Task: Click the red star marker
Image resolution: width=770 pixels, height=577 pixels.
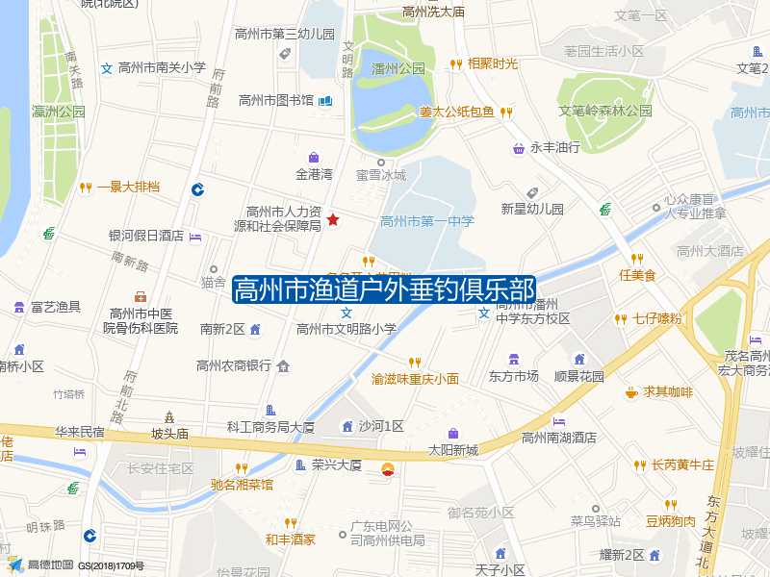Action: pyautogui.click(x=333, y=220)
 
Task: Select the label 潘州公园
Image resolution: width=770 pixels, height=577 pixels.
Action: pyautogui.click(x=398, y=69)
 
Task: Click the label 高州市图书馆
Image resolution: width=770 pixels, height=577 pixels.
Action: pyautogui.click(x=276, y=100)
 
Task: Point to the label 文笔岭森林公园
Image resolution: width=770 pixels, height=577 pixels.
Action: pyautogui.click(x=606, y=111)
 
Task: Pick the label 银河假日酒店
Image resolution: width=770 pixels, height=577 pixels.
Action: pyautogui.click(x=146, y=236)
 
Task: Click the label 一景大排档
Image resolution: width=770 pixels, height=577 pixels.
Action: pyautogui.click(x=128, y=187)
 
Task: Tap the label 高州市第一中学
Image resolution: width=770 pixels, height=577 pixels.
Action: pyautogui.click(x=427, y=221)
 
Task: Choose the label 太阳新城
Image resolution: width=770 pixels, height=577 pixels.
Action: pyautogui.click(x=453, y=450)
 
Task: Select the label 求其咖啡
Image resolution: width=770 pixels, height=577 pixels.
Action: pyautogui.click(x=669, y=392)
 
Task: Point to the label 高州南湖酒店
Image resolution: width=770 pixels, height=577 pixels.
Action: pyautogui.click(x=559, y=438)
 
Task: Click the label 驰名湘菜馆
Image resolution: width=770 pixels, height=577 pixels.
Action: pyautogui.click(x=242, y=485)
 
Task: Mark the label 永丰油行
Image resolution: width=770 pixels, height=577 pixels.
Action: pyautogui.click(x=555, y=148)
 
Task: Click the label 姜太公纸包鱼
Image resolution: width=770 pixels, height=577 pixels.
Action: pyautogui.click(x=456, y=112)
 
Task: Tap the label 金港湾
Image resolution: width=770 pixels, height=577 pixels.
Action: pyautogui.click(x=314, y=175)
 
